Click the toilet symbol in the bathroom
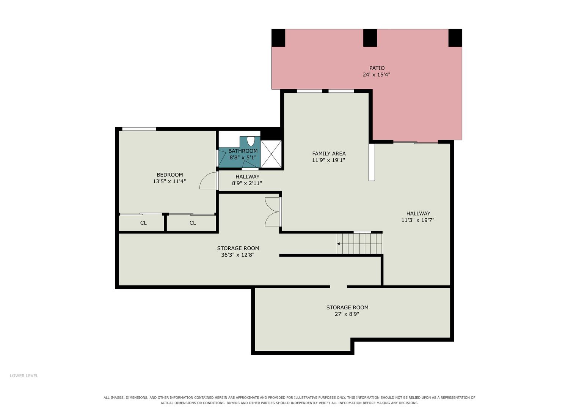click(x=251, y=141)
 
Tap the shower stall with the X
click(x=271, y=154)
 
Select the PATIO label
click(x=377, y=68)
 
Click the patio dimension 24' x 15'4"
click(x=377, y=75)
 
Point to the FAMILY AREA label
click(x=329, y=153)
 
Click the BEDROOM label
click(x=169, y=175)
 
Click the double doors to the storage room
click(x=273, y=212)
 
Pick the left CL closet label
click(x=143, y=223)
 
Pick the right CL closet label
click(x=193, y=223)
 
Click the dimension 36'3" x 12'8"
click(x=238, y=255)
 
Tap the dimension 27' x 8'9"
click(x=347, y=314)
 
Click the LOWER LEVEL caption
click(x=24, y=375)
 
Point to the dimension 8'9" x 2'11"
click(x=247, y=183)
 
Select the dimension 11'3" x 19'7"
click(x=418, y=220)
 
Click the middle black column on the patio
click(x=370, y=38)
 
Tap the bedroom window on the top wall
click(x=139, y=129)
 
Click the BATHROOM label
click(x=243, y=151)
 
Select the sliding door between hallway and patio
click(x=416, y=142)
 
